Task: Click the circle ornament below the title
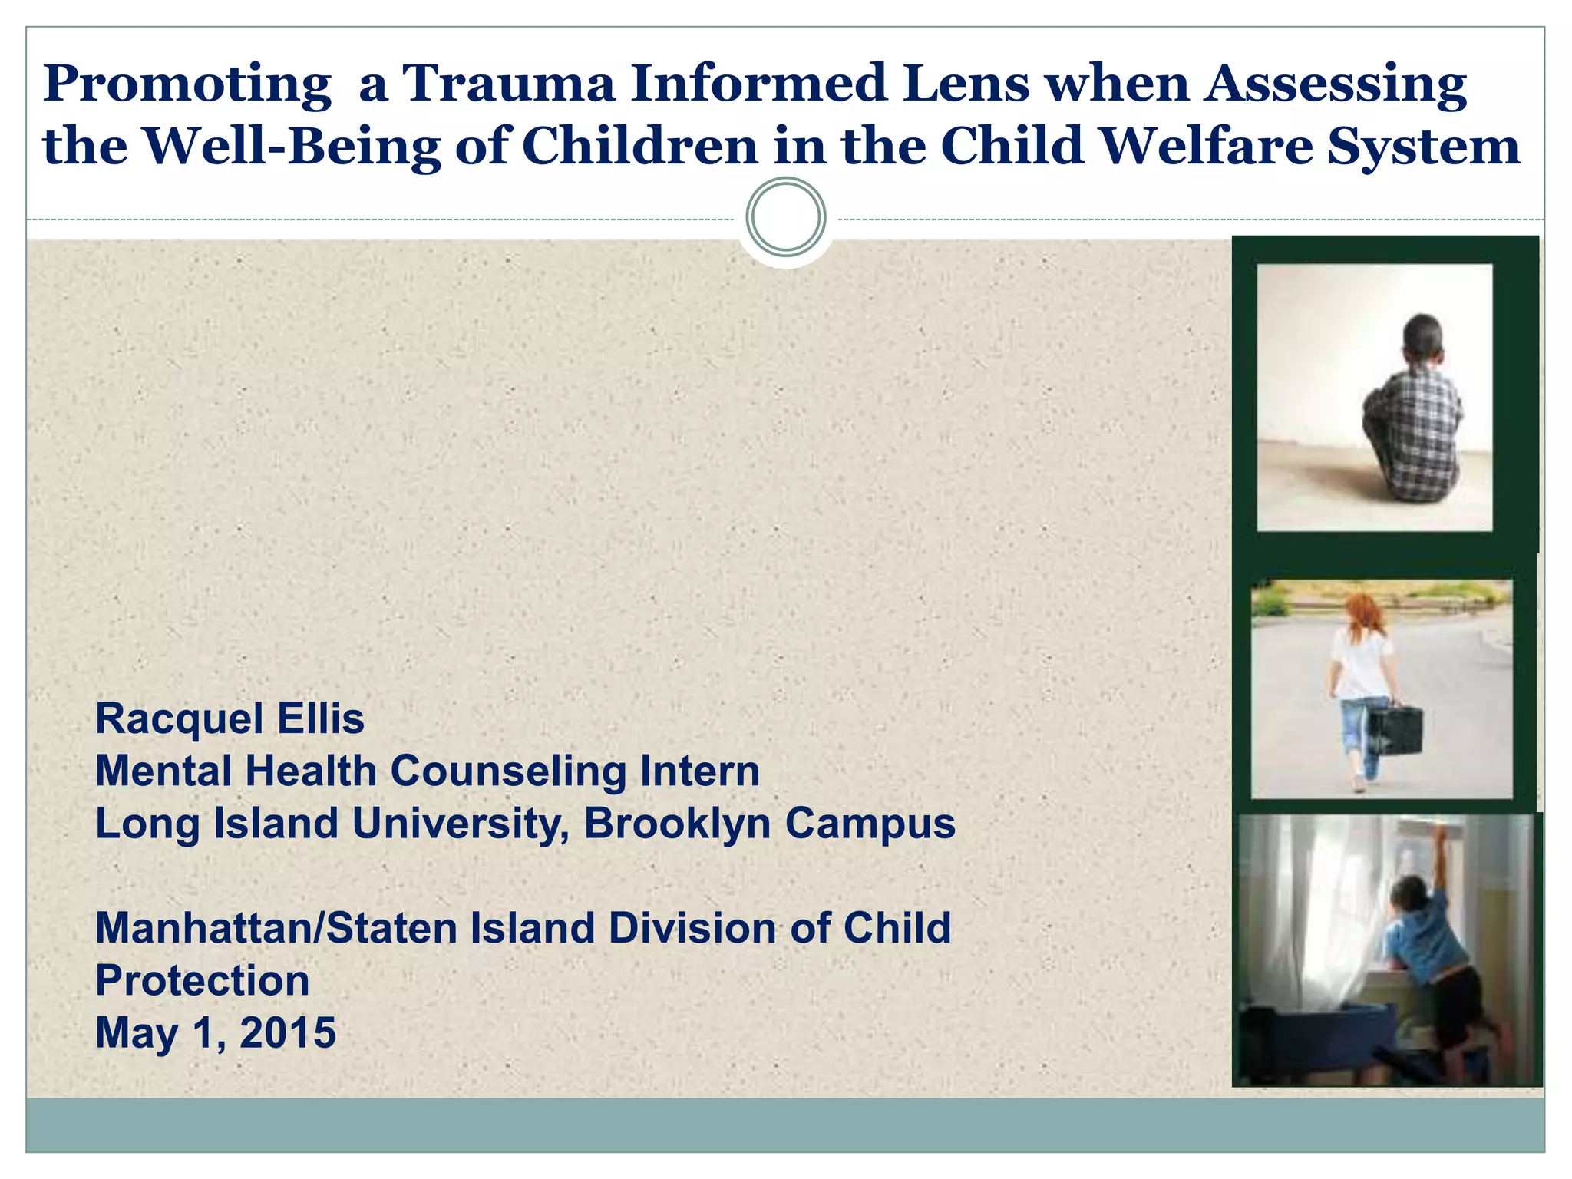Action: click(x=785, y=217)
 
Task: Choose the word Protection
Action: click(x=202, y=981)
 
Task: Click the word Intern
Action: click(x=699, y=771)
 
